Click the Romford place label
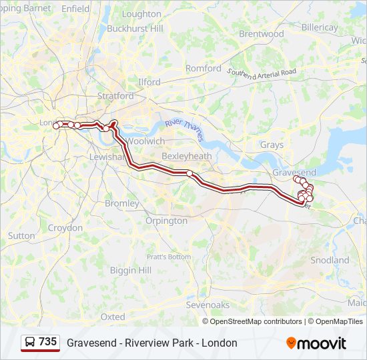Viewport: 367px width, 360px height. pos(204,68)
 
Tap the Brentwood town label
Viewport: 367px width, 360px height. pos(261,33)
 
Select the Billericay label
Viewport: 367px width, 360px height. pos(320,27)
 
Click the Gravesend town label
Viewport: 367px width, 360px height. pos(294,172)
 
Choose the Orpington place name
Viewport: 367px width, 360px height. pos(166,220)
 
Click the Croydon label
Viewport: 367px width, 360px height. pos(65,227)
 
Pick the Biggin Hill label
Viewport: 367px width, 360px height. pos(130,270)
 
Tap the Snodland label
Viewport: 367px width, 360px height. pos(330,259)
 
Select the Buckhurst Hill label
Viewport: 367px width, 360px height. pos(135,29)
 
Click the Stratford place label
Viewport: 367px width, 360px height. pos(115,96)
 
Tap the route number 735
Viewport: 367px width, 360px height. pos(47,342)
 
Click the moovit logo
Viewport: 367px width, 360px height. pos(316,343)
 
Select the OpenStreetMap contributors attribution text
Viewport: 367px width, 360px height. pos(256,321)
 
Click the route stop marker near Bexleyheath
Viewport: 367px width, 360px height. pos(190,174)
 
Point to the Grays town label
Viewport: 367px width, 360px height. pos(272,145)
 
